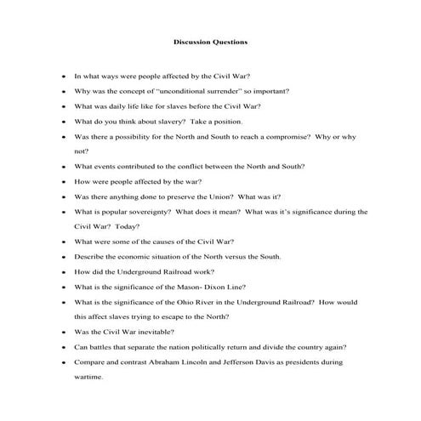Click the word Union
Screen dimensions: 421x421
pyautogui.click(x=222, y=196)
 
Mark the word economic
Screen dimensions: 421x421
pyautogui.click(x=136, y=257)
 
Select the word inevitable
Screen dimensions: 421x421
pyautogui.click(x=174, y=333)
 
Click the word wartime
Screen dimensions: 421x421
pyautogui.click(x=88, y=378)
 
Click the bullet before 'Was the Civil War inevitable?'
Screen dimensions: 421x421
pyautogui.click(x=64, y=333)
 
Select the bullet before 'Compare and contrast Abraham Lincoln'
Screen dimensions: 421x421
pyautogui.click(x=64, y=363)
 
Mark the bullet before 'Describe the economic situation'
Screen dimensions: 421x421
pyautogui.click(x=64, y=257)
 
